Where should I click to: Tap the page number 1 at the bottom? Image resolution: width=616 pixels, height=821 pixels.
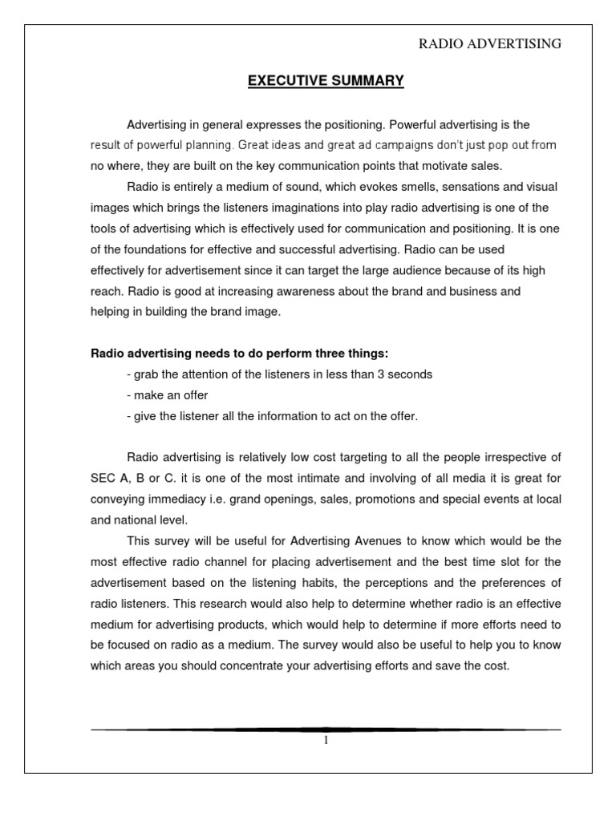pyautogui.click(x=326, y=741)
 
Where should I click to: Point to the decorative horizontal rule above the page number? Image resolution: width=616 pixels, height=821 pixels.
pyautogui.click(x=326, y=729)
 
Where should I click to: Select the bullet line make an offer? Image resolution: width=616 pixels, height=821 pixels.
pyautogui.click(x=169, y=395)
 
